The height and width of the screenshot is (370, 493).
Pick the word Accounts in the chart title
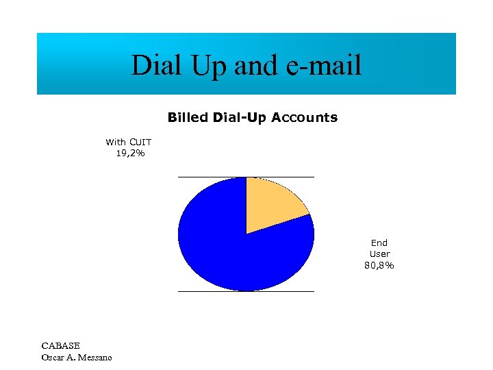tap(304, 118)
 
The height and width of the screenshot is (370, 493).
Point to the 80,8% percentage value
tap(379, 265)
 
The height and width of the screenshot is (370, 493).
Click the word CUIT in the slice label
tap(140, 143)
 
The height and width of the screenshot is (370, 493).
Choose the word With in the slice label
tap(116, 143)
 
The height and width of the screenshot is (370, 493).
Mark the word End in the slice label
tap(379, 243)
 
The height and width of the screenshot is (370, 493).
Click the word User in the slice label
tap(379, 254)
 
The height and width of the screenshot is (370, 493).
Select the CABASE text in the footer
tap(60, 346)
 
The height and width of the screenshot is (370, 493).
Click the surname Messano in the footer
tap(96, 357)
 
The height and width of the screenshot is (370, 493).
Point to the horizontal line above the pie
tap(205, 177)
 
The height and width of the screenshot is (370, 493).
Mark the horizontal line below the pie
tap(205, 291)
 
